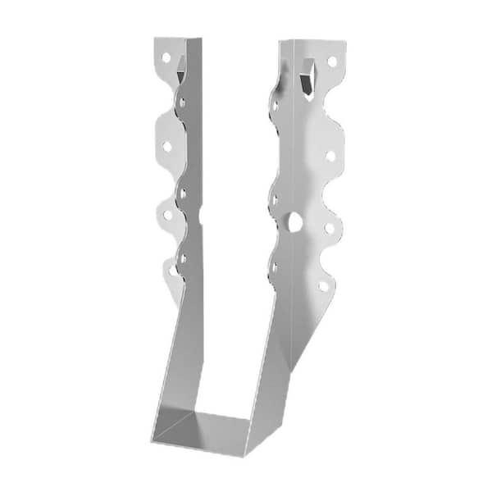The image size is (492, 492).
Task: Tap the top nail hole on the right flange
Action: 332,61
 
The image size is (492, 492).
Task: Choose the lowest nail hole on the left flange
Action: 172,266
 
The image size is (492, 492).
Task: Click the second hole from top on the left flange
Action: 166,146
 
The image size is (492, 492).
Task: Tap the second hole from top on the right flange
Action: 330,154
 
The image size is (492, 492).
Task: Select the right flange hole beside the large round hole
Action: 328,229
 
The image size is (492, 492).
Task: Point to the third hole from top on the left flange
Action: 167,215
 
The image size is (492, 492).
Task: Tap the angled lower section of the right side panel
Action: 283,344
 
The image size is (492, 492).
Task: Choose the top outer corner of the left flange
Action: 156,37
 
